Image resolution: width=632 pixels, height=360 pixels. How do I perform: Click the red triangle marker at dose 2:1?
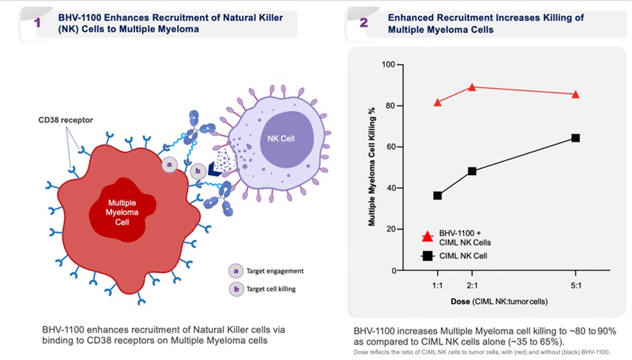pyautogui.click(x=472, y=87)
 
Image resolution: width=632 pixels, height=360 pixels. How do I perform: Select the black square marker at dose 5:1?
pyautogui.click(x=575, y=138)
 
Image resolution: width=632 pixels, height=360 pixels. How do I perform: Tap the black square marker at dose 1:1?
pyautogui.click(x=438, y=196)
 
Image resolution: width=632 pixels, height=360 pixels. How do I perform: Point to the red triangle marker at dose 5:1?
pyautogui.click(x=575, y=95)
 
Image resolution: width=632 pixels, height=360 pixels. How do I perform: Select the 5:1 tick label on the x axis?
pyautogui.click(x=575, y=284)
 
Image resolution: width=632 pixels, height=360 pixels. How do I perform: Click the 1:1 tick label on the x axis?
pyautogui.click(x=437, y=284)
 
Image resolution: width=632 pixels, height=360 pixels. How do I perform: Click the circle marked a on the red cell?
pyautogui.click(x=170, y=164)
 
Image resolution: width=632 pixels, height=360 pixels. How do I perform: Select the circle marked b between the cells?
pyautogui.click(x=199, y=172)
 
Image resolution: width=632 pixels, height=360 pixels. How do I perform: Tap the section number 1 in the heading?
pyautogui.click(x=38, y=22)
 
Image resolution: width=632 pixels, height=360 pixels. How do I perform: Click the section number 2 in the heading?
pyautogui.click(x=363, y=22)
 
